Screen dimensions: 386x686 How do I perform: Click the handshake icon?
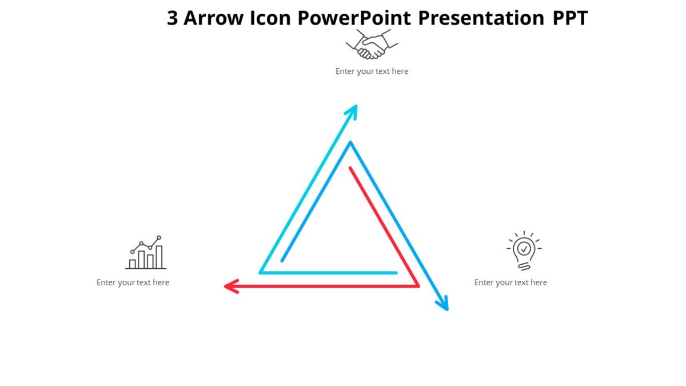(372, 45)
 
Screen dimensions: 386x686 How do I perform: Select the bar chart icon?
(146, 253)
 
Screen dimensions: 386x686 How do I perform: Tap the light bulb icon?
(524, 250)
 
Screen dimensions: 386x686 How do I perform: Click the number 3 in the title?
(172, 18)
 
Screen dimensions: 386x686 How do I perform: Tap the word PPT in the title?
(570, 18)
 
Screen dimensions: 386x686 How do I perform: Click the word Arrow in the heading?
(214, 18)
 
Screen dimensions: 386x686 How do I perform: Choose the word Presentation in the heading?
(481, 18)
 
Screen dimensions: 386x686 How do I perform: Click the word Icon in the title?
(271, 18)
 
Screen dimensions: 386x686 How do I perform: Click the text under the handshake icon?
(372, 71)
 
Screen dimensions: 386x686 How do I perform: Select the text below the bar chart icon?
(133, 282)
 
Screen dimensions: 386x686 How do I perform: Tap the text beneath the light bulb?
(510, 282)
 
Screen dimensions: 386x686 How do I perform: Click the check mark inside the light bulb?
(524, 249)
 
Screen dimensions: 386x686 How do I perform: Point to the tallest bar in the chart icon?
(159, 257)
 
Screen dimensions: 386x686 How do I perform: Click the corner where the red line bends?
(418, 286)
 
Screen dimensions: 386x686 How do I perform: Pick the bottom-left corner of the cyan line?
(260, 273)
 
